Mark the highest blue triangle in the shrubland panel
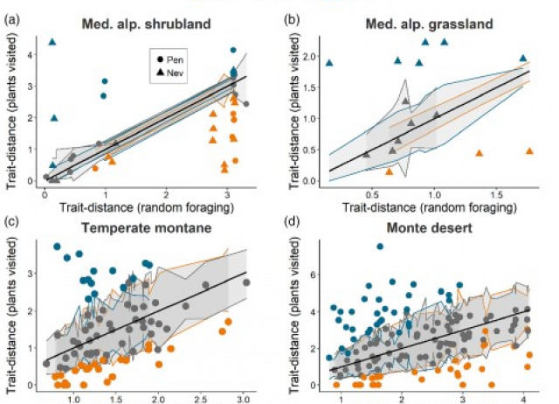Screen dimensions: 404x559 52,42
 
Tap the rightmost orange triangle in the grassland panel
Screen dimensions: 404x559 530,150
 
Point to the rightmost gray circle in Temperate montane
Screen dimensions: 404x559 246,282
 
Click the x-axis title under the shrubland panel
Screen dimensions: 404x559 146,210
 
